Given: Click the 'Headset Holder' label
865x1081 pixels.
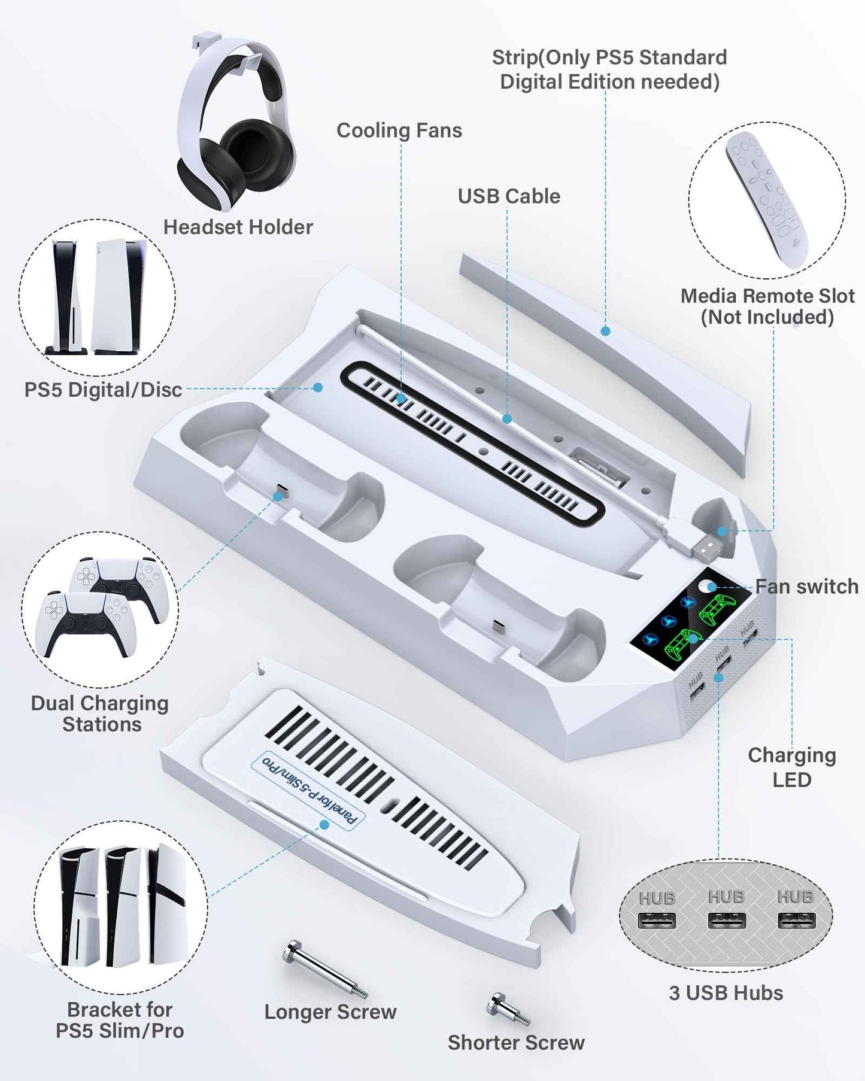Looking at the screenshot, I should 238,227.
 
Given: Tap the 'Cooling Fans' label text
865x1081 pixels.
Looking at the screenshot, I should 399,130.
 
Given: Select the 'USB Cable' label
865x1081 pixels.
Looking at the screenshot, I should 509,196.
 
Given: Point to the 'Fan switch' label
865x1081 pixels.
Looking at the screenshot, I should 806,587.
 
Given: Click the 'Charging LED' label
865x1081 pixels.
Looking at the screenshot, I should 791,767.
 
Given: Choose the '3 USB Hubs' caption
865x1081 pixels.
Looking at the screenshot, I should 726,993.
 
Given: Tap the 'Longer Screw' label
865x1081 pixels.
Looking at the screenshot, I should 330,1012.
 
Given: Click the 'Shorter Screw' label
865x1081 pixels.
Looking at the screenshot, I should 516,1042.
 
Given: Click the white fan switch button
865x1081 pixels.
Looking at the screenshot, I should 707,585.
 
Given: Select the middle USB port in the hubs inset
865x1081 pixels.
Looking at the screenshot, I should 726,920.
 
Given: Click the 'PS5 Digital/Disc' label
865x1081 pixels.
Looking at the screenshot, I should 103,390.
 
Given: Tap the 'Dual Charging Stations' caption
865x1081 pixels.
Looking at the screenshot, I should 100,713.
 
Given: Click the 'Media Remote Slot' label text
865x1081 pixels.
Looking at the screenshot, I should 767,306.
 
